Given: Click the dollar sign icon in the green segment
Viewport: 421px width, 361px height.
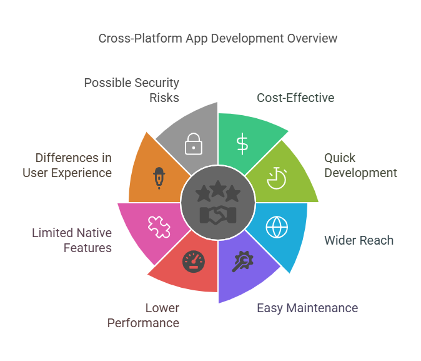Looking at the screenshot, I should click(242, 143).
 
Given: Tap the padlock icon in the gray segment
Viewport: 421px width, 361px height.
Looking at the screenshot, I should click(193, 144).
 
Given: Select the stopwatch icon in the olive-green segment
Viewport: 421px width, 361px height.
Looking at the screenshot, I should click(275, 178).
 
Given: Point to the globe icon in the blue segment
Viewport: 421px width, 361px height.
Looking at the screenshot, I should click(277, 226).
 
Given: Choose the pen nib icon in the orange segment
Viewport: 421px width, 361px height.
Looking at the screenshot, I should click(160, 178).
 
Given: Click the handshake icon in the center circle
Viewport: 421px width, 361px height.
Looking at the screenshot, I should click(217, 215).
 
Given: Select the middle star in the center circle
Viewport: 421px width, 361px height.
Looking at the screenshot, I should click(217, 189).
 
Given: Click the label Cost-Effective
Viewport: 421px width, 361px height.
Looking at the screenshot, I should click(295, 98).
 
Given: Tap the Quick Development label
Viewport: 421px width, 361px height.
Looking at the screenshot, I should click(360, 165).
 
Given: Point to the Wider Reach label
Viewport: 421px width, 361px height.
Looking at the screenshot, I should click(359, 240).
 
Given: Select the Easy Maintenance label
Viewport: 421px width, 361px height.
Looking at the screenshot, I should click(307, 308).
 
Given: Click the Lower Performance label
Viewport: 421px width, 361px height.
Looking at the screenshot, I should click(144, 315).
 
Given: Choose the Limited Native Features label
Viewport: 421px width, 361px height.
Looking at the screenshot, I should click(72, 240).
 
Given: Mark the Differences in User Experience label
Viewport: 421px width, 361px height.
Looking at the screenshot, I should click(67, 165).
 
